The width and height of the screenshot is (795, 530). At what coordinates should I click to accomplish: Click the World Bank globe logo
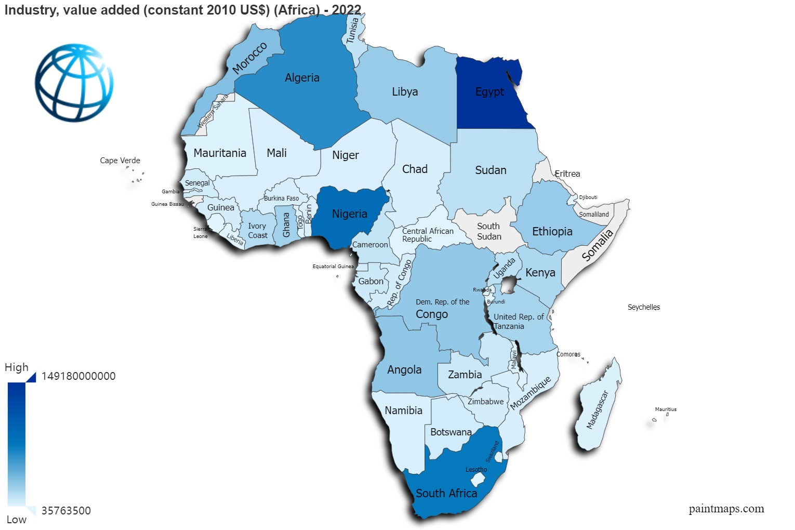click(74, 83)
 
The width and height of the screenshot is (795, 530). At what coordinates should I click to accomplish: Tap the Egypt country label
click(489, 92)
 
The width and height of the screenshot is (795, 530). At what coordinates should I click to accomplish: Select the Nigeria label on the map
click(350, 214)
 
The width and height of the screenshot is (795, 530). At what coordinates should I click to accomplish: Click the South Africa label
click(446, 493)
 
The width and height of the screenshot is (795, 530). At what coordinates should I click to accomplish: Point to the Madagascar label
click(597, 410)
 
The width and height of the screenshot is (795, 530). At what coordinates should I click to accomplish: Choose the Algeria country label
click(302, 78)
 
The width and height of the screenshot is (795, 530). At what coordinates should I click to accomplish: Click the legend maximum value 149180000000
click(78, 376)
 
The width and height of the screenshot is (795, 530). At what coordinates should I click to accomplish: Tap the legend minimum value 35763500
click(66, 511)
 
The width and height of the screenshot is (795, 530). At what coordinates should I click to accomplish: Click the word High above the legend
click(17, 367)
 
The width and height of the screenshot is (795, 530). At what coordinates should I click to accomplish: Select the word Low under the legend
click(17, 520)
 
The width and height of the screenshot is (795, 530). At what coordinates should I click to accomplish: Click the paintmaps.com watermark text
click(726, 509)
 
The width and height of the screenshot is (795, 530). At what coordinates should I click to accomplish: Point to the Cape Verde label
click(120, 161)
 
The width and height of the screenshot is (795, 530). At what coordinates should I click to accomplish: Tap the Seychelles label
click(644, 307)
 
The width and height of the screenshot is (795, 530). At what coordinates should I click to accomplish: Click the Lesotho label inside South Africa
click(476, 470)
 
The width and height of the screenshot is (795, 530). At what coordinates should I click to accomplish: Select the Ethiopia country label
click(552, 232)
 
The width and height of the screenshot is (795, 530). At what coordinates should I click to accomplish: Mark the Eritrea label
click(567, 174)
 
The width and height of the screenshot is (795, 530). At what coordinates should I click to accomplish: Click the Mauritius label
click(666, 409)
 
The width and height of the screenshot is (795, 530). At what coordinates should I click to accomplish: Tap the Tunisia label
click(353, 31)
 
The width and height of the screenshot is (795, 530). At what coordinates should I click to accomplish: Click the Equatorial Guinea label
click(333, 267)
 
